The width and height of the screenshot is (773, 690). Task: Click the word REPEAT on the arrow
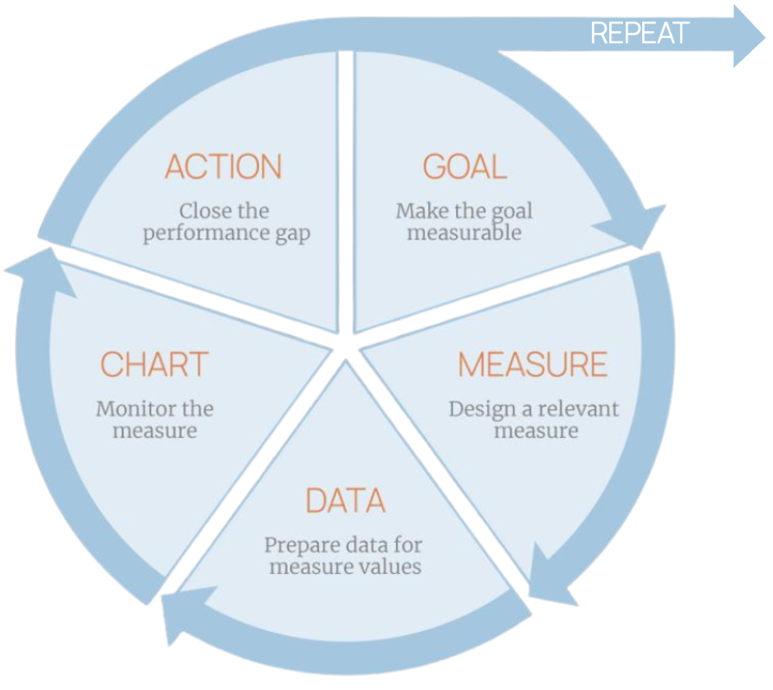point(639,34)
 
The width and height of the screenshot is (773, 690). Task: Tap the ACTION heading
point(224,167)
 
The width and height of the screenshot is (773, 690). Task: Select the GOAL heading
point(464,166)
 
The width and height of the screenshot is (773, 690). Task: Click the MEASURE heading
point(532,365)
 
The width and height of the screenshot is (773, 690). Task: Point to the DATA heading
point(345,501)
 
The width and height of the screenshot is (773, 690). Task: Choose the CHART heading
point(154,364)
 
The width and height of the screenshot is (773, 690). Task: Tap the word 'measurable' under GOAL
point(464,233)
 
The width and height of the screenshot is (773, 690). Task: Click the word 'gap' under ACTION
point(292,234)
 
